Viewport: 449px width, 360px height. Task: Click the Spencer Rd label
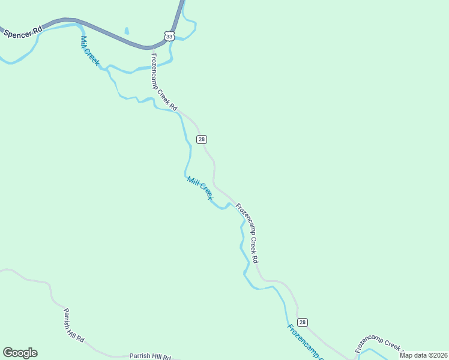(23, 32)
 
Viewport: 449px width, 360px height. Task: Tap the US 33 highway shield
(170, 36)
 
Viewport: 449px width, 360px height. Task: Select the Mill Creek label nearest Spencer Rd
(89, 50)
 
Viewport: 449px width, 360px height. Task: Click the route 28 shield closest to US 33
(202, 139)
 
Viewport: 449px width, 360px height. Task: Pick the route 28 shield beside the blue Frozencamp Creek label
(302, 322)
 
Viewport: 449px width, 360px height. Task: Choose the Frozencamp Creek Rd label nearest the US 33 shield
(163, 82)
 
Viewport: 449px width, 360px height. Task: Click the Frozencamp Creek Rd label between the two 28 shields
(247, 233)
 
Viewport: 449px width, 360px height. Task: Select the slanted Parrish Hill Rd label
(74, 326)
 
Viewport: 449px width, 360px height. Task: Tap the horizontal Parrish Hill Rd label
(151, 356)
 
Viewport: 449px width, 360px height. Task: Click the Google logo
(20, 353)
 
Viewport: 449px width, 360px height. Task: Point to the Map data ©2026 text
(424, 355)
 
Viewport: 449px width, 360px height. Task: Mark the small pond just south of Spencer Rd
(127, 31)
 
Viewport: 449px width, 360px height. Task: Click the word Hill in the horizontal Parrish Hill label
(155, 356)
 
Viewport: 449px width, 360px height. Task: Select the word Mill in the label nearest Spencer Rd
(84, 42)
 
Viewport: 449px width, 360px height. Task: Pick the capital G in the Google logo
(8, 353)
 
